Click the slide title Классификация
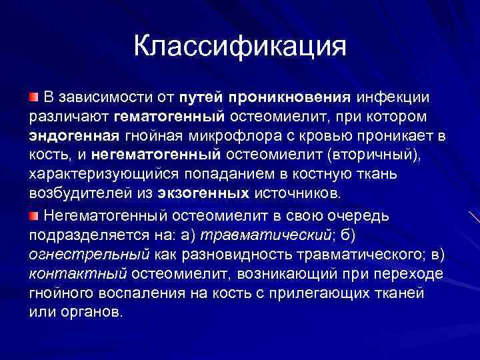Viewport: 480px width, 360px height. pos(240,47)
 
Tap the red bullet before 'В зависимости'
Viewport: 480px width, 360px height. pos(33,99)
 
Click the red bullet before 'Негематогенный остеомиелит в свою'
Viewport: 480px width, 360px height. pos(33,215)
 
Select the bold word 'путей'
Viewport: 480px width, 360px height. pos(200,98)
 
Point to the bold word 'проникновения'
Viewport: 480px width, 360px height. pos(289,98)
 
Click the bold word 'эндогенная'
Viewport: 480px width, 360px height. pos(74,137)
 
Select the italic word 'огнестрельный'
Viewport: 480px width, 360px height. pos(89,254)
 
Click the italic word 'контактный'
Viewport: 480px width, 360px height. pos(78,273)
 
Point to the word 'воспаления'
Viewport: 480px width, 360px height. pos(129,293)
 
